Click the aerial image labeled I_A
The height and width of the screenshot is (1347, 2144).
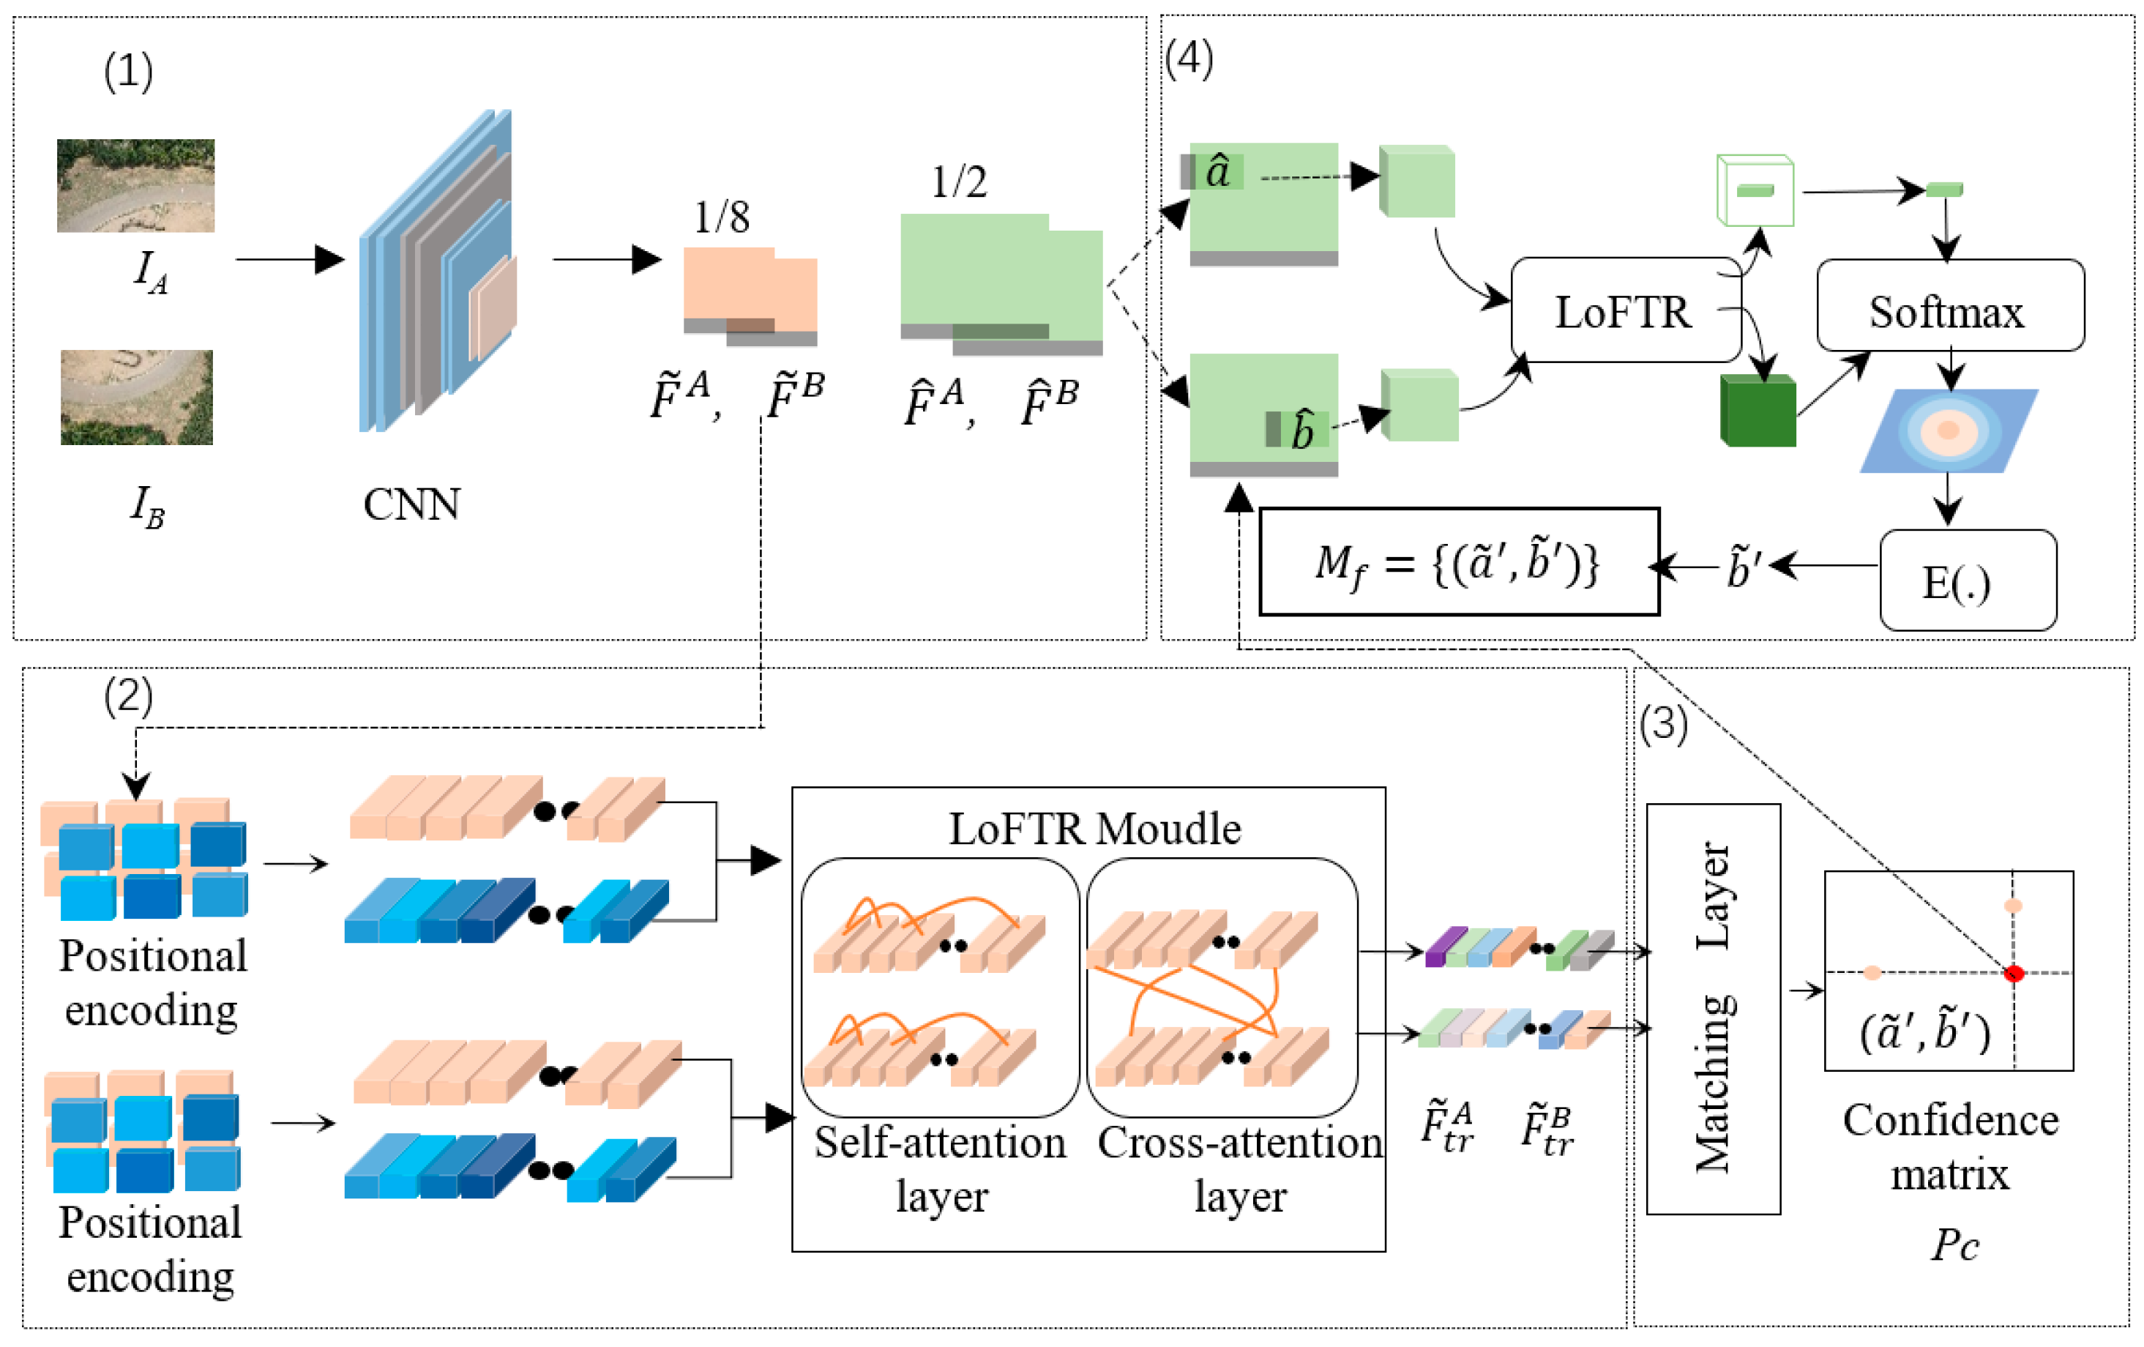tap(135, 185)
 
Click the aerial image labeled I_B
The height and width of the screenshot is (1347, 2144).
tap(136, 397)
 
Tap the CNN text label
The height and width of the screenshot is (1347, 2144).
tap(411, 505)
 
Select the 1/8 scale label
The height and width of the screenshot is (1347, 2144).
tap(721, 217)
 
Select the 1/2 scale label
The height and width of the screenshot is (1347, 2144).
tap(958, 182)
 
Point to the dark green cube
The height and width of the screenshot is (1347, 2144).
tap(1758, 411)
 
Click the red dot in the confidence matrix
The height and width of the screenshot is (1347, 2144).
tap(2014, 973)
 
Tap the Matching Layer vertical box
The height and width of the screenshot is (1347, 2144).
tap(1713, 1008)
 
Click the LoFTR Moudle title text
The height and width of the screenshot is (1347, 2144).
tap(1094, 829)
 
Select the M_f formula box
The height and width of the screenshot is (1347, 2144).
tap(1458, 561)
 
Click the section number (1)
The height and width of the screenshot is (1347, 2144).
tap(128, 71)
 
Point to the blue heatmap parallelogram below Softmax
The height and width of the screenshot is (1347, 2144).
tap(1948, 431)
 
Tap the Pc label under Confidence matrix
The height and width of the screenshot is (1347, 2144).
tap(1954, 1245)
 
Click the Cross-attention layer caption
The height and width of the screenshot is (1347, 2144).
tap(1239, 1169)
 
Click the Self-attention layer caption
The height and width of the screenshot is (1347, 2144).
tap(940, 1169)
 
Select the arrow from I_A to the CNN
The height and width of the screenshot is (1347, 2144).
tap(288, 260)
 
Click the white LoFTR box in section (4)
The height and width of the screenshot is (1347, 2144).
tap(1625, 310)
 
